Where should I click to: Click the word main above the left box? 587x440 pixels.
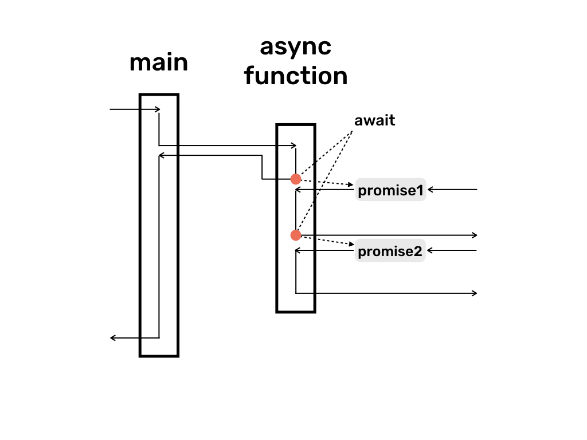point(159,62)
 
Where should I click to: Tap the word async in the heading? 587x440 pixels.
point(295,47)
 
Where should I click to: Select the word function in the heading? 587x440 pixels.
point(296,76)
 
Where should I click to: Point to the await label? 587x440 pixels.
point(375,121)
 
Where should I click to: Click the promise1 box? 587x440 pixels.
point(390,191)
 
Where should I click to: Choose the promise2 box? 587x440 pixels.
point(390,251)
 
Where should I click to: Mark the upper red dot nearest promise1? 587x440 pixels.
point(296,179)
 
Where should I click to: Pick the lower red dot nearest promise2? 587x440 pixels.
point(296,235)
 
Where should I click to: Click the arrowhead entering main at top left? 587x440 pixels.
point(158,109)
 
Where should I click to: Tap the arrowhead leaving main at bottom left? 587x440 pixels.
point(113,338)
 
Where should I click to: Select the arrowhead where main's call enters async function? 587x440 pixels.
point(294,146)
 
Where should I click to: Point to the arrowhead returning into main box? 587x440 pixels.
point(161,155)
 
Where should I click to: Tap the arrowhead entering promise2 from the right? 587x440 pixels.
point(429,250)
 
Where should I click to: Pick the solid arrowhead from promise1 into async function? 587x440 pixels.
point(298,190)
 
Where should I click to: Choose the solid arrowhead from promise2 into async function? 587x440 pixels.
point(298,250)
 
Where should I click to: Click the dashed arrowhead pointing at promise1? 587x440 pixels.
point(351,185)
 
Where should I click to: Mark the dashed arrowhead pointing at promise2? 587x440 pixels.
point(351,245)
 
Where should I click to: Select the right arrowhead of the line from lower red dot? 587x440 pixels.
point(475,235)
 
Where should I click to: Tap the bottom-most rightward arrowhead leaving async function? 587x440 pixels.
point(475,293)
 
